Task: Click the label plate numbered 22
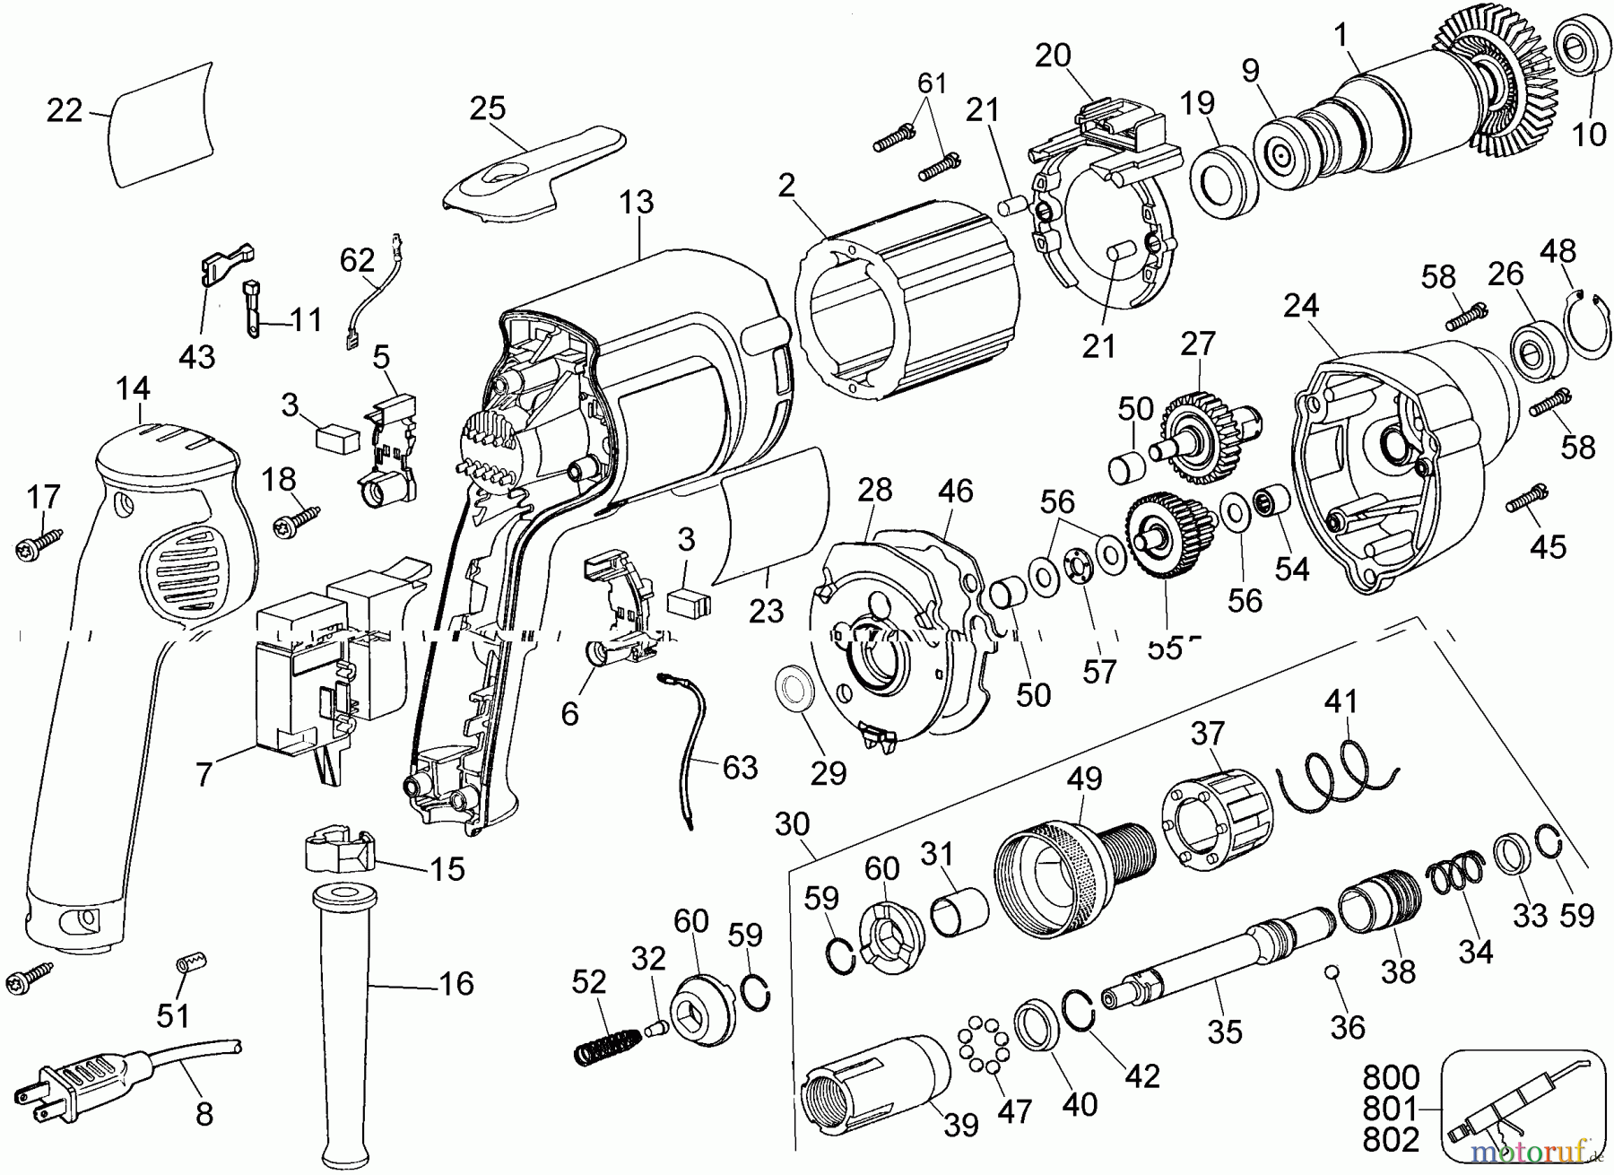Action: (161, 126)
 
